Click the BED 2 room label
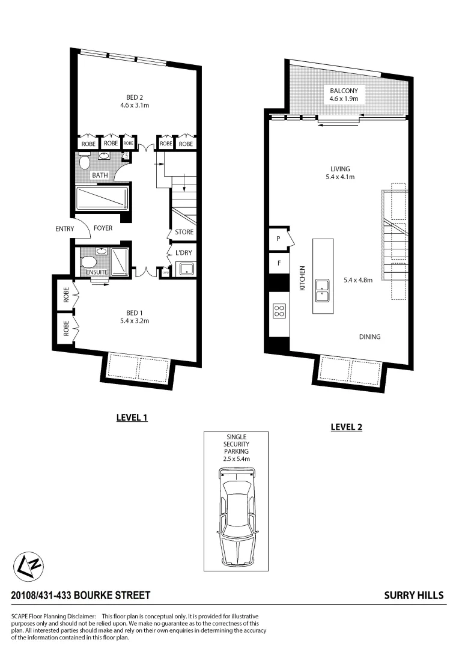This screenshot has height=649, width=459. click(134, 97)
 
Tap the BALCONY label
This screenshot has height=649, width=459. click(344, 91)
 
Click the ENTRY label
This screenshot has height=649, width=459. click(64, 228)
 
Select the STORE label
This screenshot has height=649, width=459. click(184, 232)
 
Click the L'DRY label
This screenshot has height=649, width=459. click(183, 252)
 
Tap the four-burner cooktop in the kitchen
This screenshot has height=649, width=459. click(279, 311)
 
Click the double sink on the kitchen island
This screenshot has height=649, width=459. click(323, 290)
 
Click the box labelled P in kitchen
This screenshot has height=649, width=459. click(278, 238)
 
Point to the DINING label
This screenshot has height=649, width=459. click(369, 337)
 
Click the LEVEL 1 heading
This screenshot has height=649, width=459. click(132, 417)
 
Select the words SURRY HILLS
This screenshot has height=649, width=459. click(413, 596)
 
